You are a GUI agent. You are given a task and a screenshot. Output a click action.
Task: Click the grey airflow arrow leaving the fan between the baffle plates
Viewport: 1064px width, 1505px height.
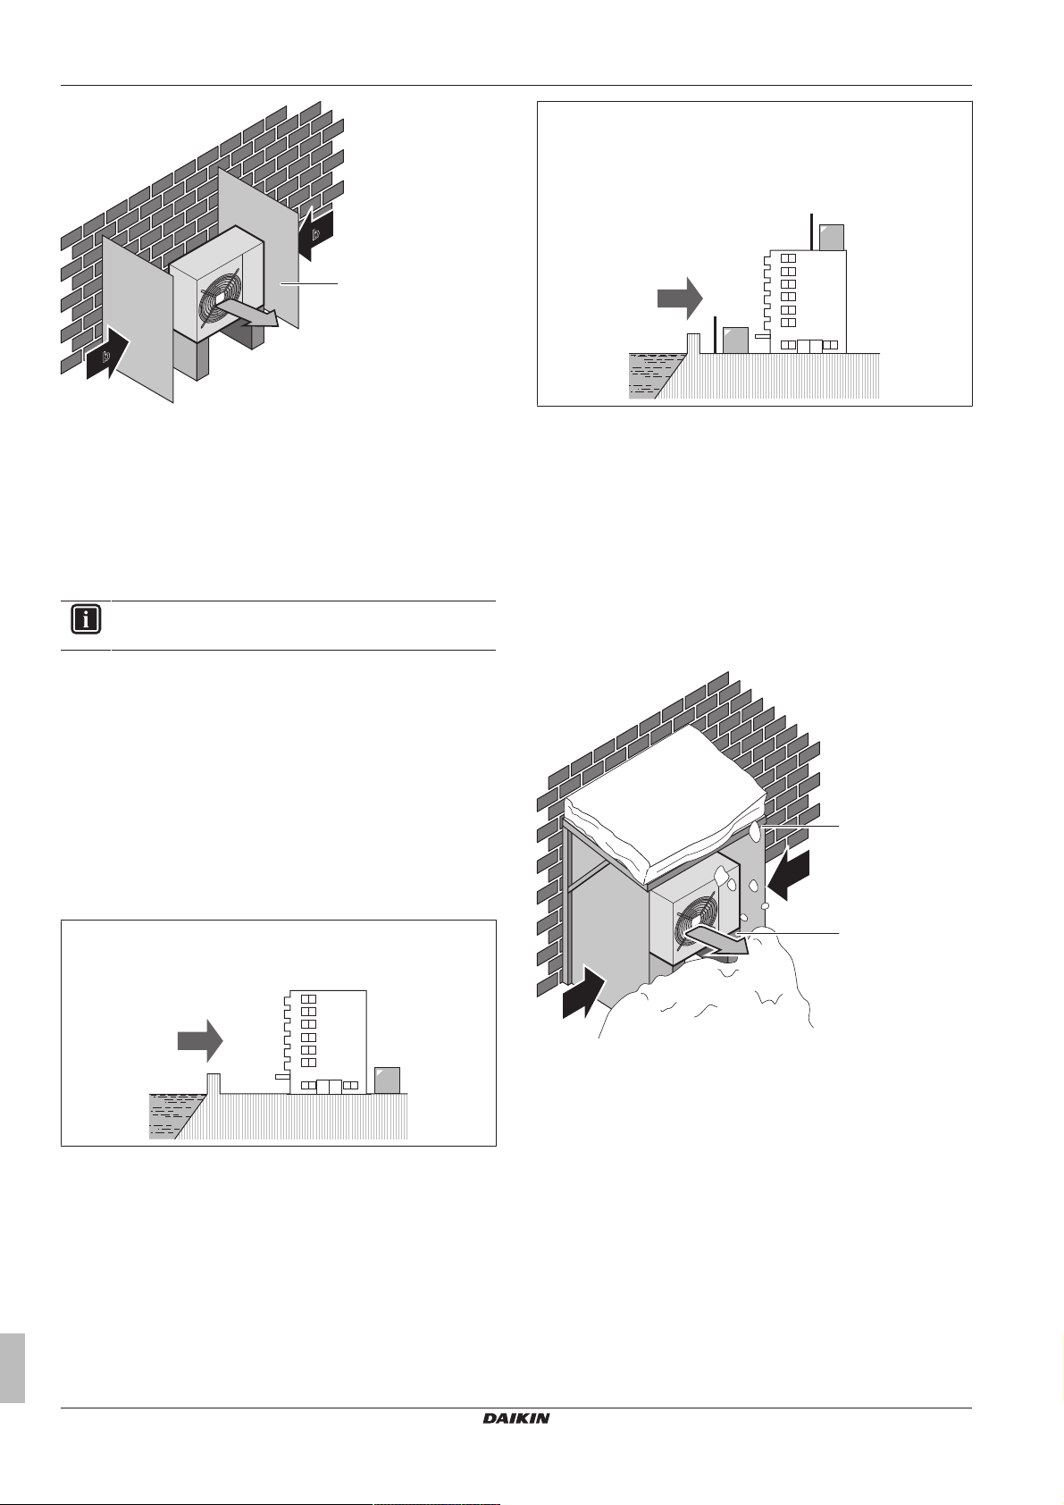pyautogui.click(x=251, y=314)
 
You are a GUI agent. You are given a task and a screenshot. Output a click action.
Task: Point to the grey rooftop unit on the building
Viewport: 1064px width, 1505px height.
pyautogui.click(x=831, y=237)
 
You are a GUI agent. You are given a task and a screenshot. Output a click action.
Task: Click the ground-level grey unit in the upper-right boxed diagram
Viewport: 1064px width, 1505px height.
pyautogui.click(x=734, y=340)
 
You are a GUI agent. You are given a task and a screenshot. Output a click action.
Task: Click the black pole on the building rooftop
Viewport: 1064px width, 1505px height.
pyautogui.click(x=811, y=231)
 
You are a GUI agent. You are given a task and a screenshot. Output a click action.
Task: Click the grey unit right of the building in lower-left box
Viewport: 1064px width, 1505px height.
pyautogui.click(x=386, y=1080)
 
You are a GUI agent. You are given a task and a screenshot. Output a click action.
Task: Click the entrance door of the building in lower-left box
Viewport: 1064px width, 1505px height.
pyautogui.click(x=329, y=1086)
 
